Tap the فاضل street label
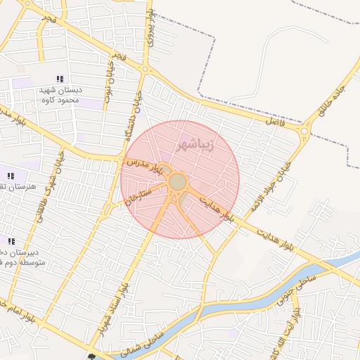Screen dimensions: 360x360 [273, 121]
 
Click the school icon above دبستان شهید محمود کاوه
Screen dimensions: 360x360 [59, 79]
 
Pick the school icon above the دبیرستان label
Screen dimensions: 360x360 [11, 241]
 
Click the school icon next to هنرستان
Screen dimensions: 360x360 [11, 176]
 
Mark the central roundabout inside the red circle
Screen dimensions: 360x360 [178, 182]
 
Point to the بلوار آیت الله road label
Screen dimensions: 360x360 [303, 333]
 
